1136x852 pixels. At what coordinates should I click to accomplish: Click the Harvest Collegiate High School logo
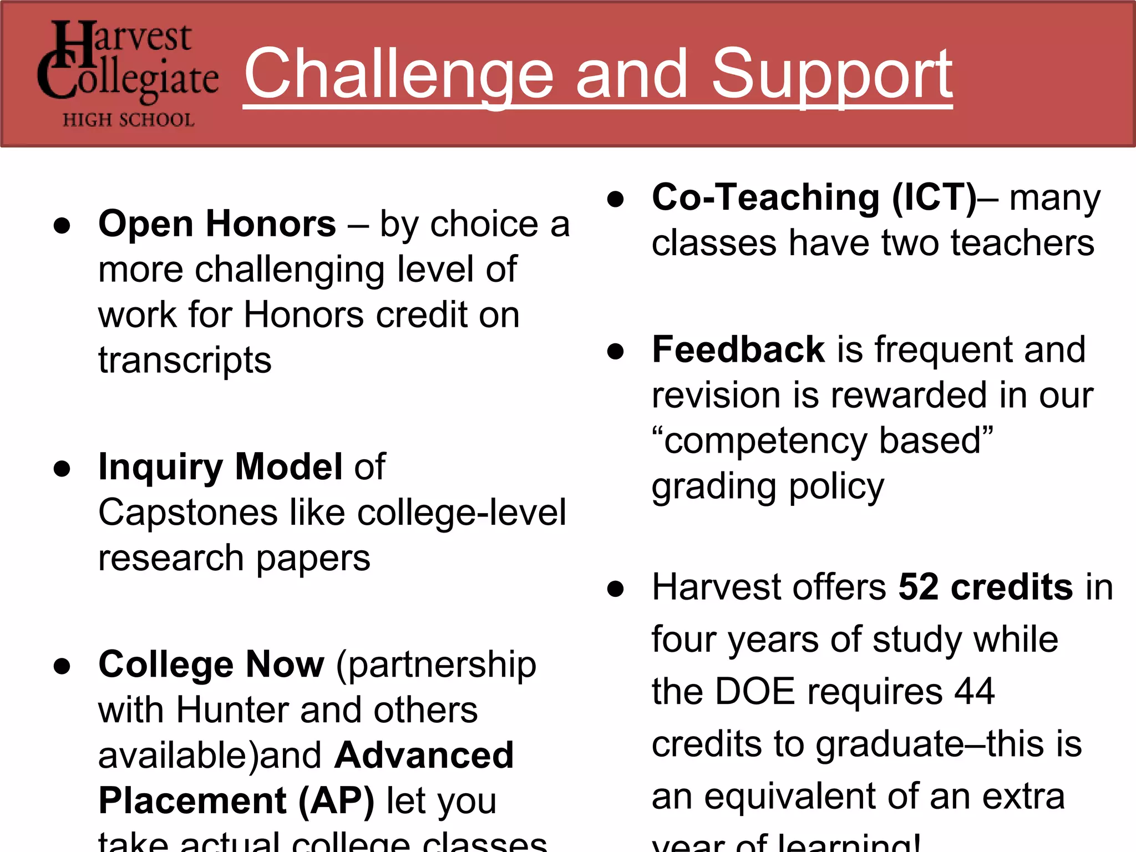click(x=128, y=73)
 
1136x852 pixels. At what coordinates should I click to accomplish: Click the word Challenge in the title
click(x=399, y=74)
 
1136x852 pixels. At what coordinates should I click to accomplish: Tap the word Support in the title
click(x=831, y=74)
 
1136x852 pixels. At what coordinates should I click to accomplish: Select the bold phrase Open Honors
click(x=217, y=224)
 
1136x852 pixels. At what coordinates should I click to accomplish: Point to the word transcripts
click(x=185, y=360)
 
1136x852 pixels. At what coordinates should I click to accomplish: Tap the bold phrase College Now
click(x=211, y=664)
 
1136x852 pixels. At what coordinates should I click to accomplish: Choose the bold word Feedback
click(x=738, y=349)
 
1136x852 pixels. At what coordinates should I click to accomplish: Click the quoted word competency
click(x=765, y=441)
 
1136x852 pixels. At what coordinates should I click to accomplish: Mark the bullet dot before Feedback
click(x=615, y=351)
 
